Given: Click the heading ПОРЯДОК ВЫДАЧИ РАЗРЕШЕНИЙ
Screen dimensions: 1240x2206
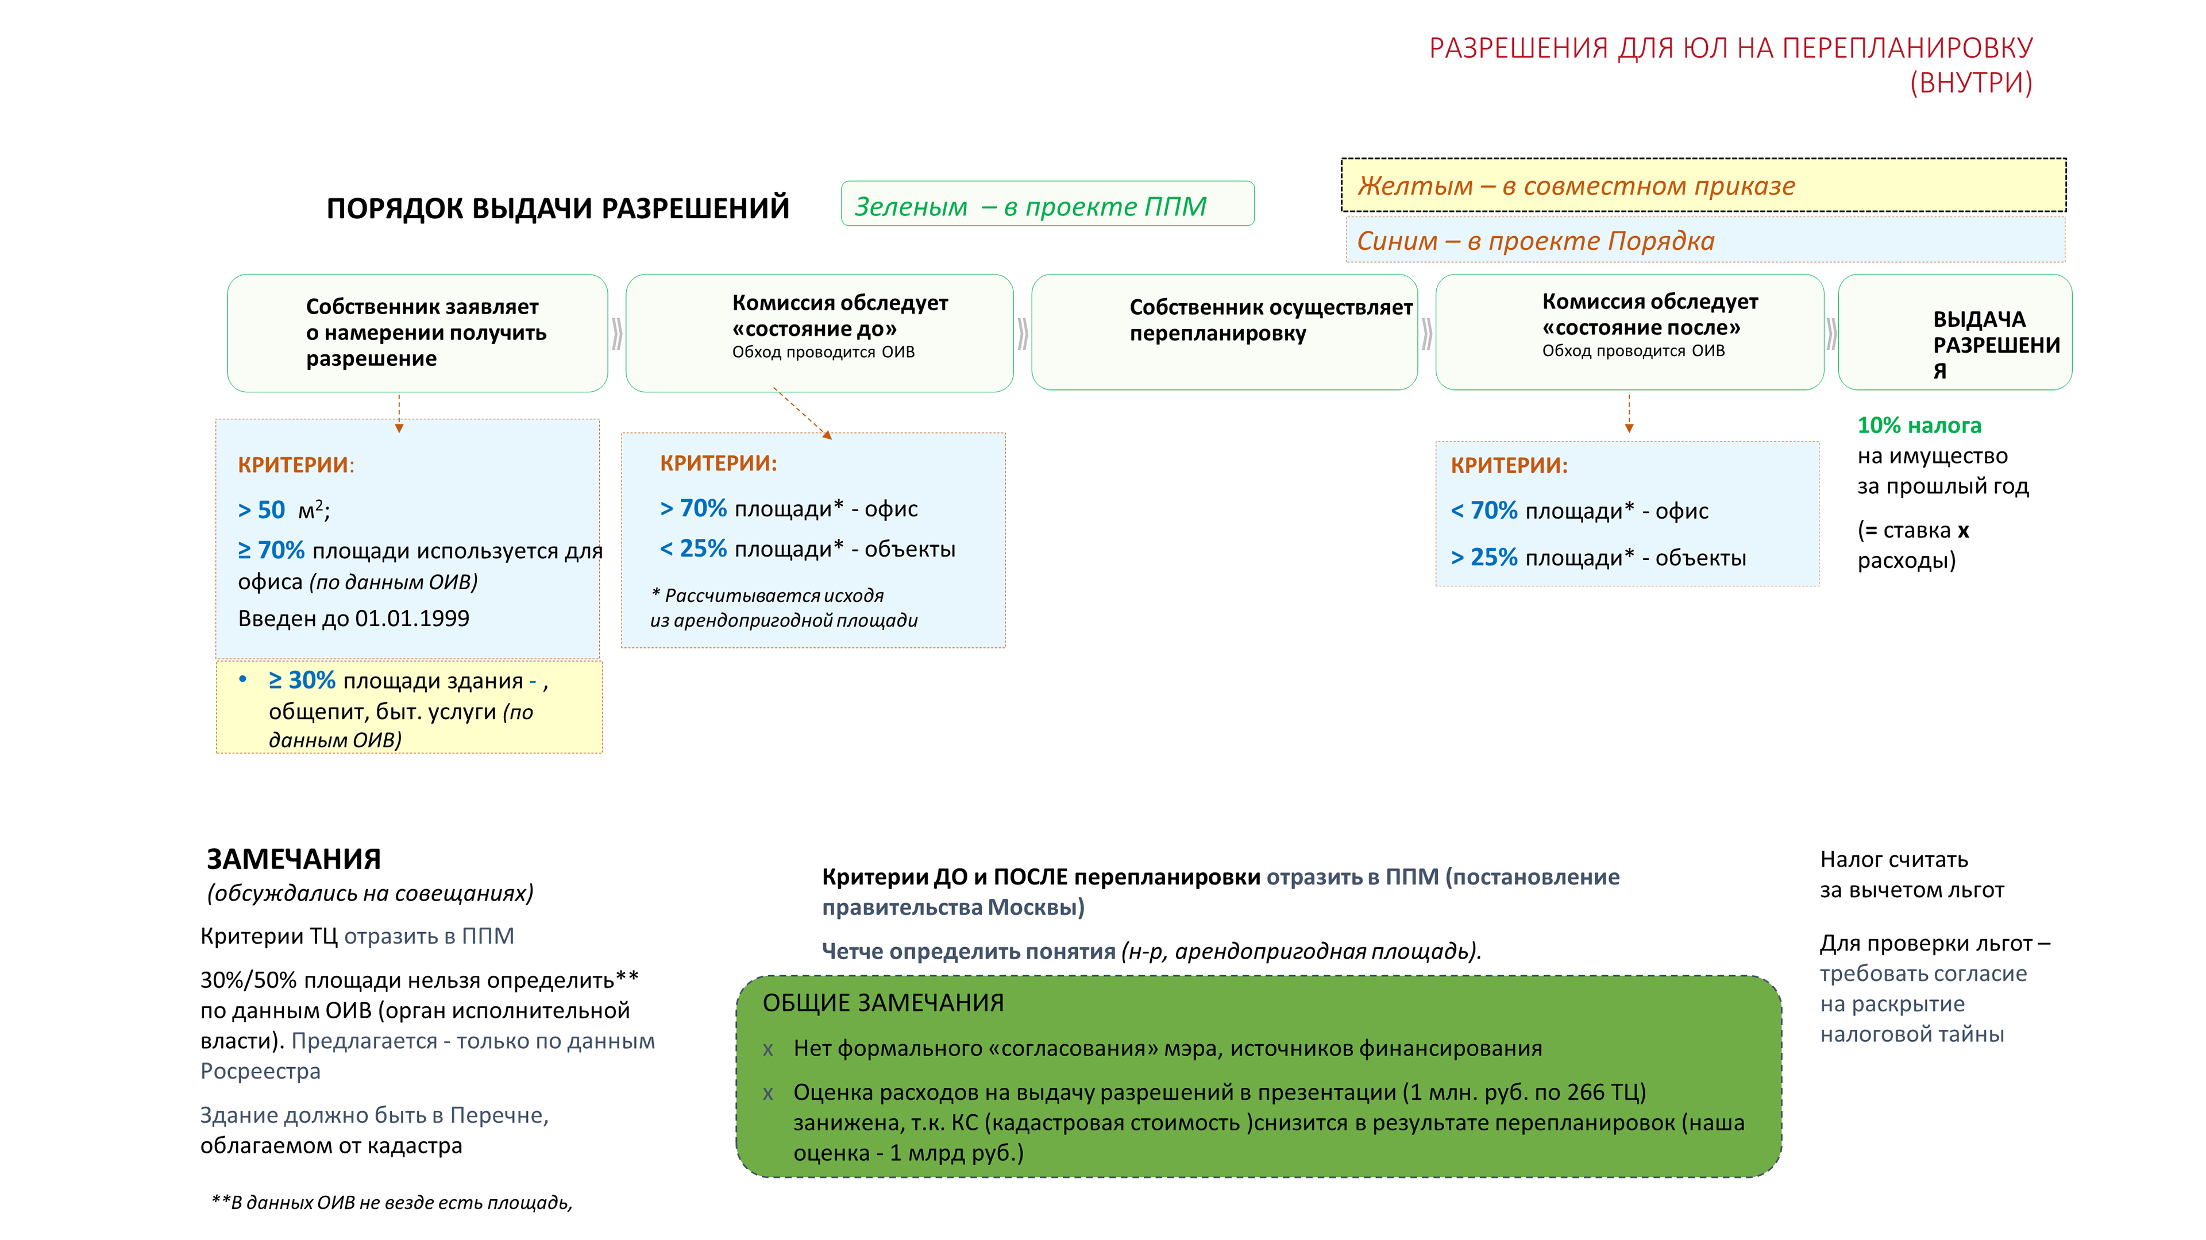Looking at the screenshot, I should coord(557,208).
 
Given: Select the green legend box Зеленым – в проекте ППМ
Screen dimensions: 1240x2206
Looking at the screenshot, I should coord(1047,204).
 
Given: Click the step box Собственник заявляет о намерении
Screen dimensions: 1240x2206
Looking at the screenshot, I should coord(417,333).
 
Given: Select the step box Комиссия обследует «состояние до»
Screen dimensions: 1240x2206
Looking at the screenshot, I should coord(820,333).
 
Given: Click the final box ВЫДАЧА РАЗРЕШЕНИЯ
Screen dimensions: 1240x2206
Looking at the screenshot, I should coord(1954,333).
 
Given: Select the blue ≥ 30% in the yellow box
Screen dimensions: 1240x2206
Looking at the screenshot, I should coord(302,680).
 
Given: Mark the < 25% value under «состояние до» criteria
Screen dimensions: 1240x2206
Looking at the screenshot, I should coord(693,549).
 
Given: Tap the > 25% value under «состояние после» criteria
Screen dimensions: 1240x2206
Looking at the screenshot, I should coord(1484,558).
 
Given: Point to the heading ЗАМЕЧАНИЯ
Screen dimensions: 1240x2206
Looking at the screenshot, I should coord(294,858).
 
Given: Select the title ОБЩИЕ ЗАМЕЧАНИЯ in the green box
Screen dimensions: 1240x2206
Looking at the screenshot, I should coord(883,1003).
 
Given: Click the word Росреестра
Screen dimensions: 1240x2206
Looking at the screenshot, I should coord(260,1071).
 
